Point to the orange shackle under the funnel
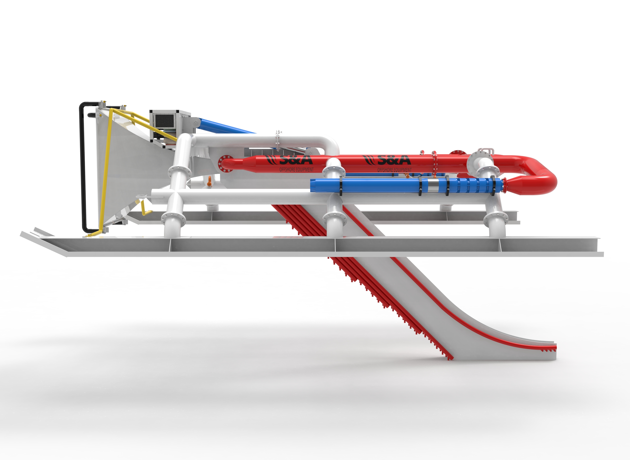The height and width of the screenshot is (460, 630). [x=210, y=182]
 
